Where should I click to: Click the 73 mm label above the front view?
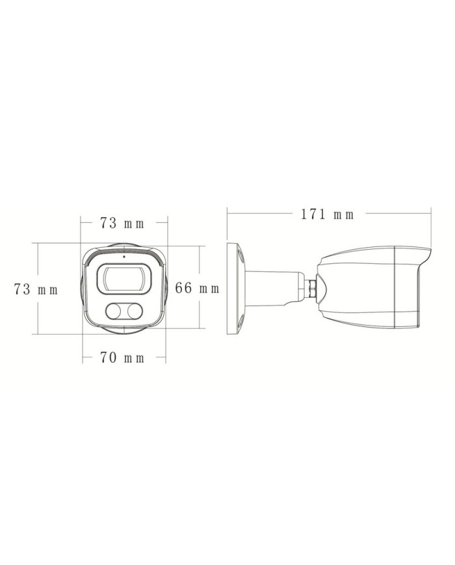122,224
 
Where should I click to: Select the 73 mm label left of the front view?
36,290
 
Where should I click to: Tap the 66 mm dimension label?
198,289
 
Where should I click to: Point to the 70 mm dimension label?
122,358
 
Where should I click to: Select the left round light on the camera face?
114,312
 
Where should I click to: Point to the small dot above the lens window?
124,257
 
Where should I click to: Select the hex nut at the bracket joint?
313,287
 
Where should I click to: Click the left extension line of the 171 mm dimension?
226,224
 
